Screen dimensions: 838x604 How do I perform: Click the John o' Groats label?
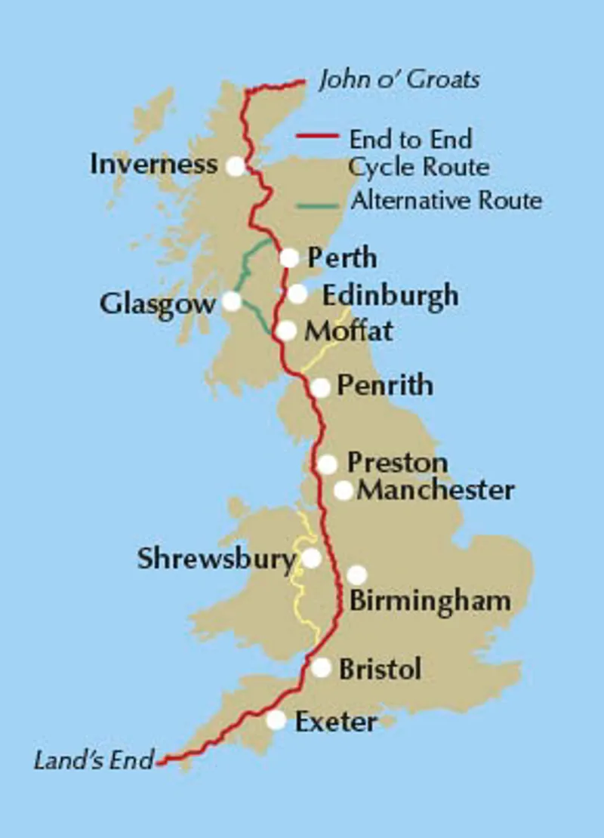(399, 80)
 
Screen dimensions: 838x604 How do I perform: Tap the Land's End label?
(94, 759)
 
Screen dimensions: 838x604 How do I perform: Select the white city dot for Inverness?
(236, 166)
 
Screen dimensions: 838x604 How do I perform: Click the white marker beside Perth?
(289, 258)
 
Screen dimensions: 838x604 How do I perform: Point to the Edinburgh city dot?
(297, 294)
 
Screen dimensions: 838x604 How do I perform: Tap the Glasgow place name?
(157, 304)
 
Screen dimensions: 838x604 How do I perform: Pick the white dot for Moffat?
(285, 331)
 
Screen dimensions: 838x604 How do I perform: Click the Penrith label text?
(385, 386)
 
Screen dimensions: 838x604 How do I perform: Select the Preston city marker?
(327, 464)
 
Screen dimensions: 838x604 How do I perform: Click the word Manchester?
(436, 490)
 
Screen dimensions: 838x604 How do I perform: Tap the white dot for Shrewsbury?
(311, 559)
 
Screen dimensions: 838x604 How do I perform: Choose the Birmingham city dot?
(356, 575)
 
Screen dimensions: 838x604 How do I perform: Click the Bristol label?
(380, 669)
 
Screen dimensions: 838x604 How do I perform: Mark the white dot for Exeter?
(276, 720)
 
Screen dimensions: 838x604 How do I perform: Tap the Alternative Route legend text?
(446, 201)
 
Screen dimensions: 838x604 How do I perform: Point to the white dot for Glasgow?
(232, 302)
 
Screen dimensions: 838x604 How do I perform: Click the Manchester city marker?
(344, 491)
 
